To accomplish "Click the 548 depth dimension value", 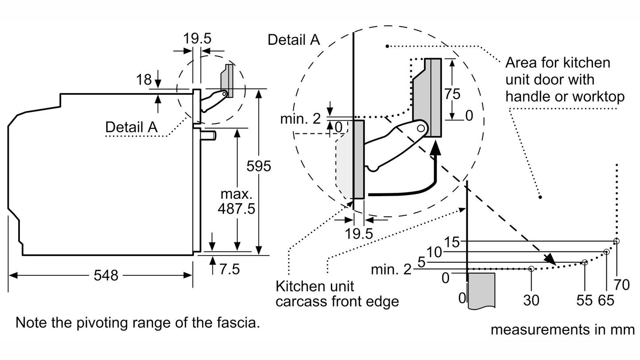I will [106, 275].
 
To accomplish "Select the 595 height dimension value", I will [259, 166].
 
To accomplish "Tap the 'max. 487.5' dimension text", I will [237, 201].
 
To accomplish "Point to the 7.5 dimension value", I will [229, 268].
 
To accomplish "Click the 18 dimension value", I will [144, 80].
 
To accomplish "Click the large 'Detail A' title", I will [294, 40].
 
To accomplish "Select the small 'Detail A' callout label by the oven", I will [131, 127].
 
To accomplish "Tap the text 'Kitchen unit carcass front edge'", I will [337, 294].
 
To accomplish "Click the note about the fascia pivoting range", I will [137, 322].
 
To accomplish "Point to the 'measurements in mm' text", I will [562, 329].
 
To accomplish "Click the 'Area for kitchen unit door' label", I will [564, 80].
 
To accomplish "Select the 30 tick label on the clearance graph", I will [531, 300].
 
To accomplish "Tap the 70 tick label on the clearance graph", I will [621, 285].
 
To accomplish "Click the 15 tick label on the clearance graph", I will [453, 242].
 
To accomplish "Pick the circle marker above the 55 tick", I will [585, 263].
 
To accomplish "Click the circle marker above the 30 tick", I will [531, 268].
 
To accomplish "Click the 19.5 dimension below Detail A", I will [359, 233].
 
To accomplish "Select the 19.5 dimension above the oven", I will [198, 39].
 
